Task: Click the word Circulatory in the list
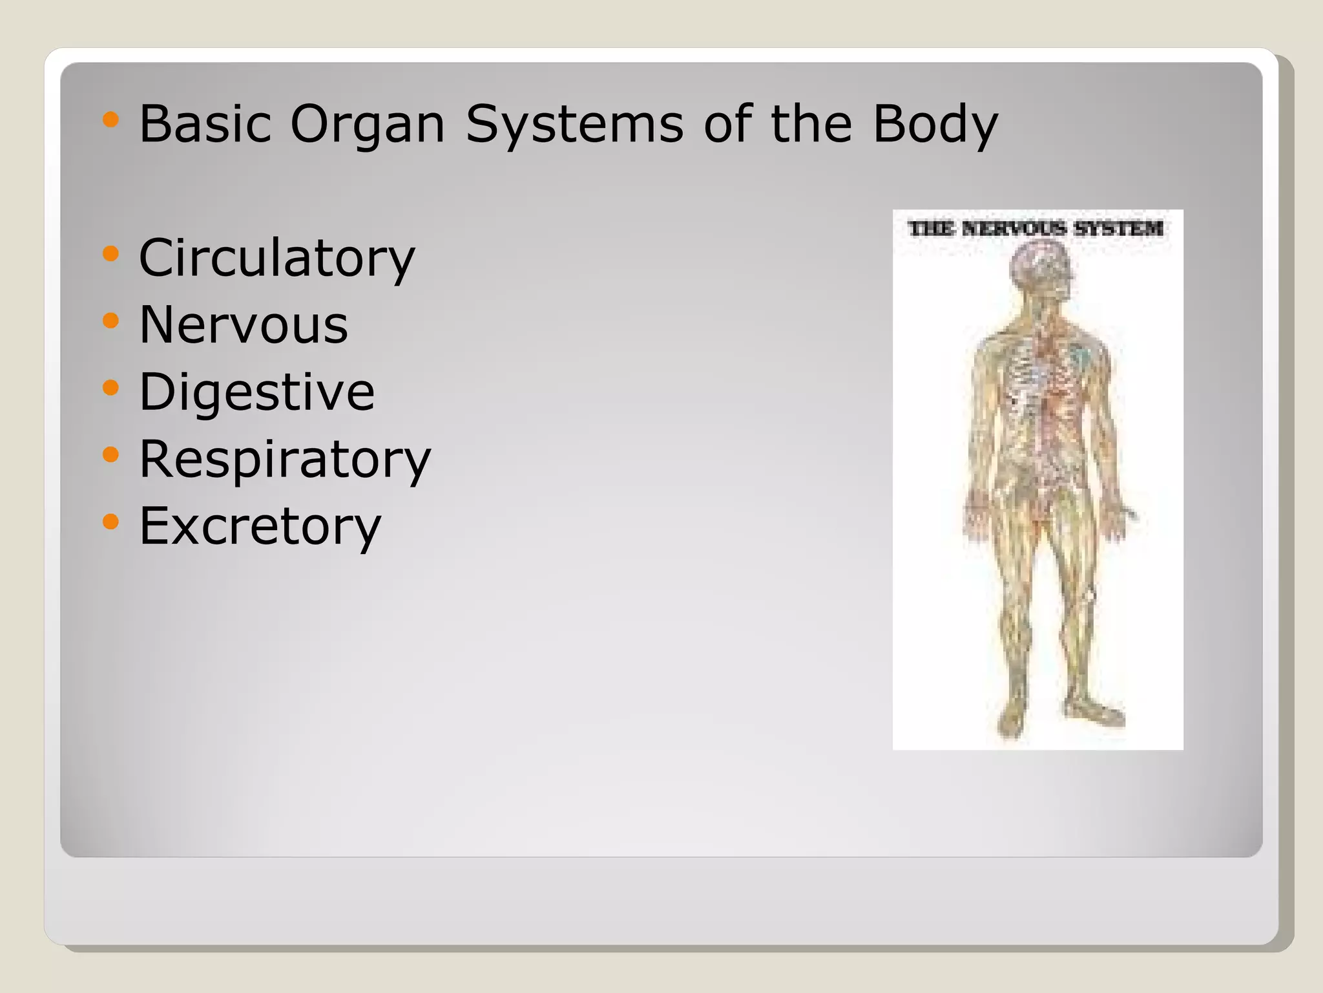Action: point(276,257)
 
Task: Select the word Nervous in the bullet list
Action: point(244,324)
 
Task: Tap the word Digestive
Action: point(256,391)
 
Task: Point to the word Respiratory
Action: point(285,458)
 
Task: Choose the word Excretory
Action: point(260,525)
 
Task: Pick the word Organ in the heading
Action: point(368,124)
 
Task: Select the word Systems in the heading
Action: point(574,124)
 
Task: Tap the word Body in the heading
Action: point(935,124)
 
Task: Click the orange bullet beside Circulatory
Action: point(111,253)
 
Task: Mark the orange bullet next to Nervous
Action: point(111,320)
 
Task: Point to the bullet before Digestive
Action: point(111,387)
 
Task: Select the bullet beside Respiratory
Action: point(111,454)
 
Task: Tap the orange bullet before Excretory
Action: point(111,521)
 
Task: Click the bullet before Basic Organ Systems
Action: point(111,120)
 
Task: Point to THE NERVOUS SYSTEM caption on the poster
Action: point(1036,228)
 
